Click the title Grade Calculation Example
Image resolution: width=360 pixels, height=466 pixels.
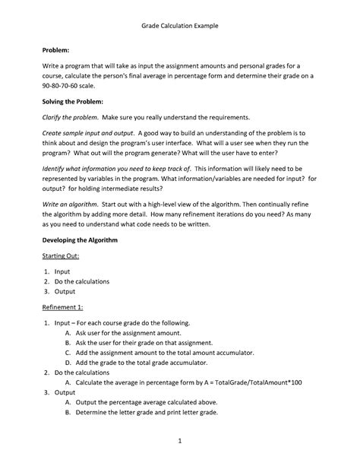point(180,26)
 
